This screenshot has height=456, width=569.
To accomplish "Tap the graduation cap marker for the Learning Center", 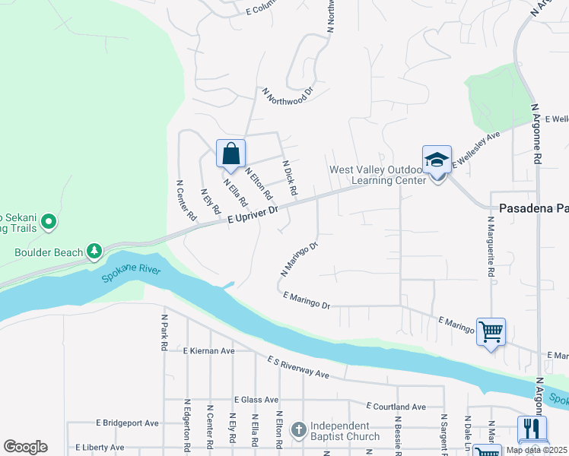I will (437, 160).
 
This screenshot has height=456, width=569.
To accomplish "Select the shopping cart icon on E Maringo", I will (491, 331).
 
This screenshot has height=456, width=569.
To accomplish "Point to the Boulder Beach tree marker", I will (94, 250).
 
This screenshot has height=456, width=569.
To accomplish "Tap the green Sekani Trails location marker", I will (49, 222).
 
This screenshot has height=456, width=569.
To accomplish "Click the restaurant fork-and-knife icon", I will (532, 429).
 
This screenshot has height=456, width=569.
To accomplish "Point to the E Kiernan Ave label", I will (209, 351).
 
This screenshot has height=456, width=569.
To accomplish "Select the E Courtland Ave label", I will (396, 407).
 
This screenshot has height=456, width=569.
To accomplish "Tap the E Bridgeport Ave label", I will (127, 423).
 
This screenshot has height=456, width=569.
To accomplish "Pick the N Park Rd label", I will (164, 332).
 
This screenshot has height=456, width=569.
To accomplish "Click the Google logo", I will (26, 447).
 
